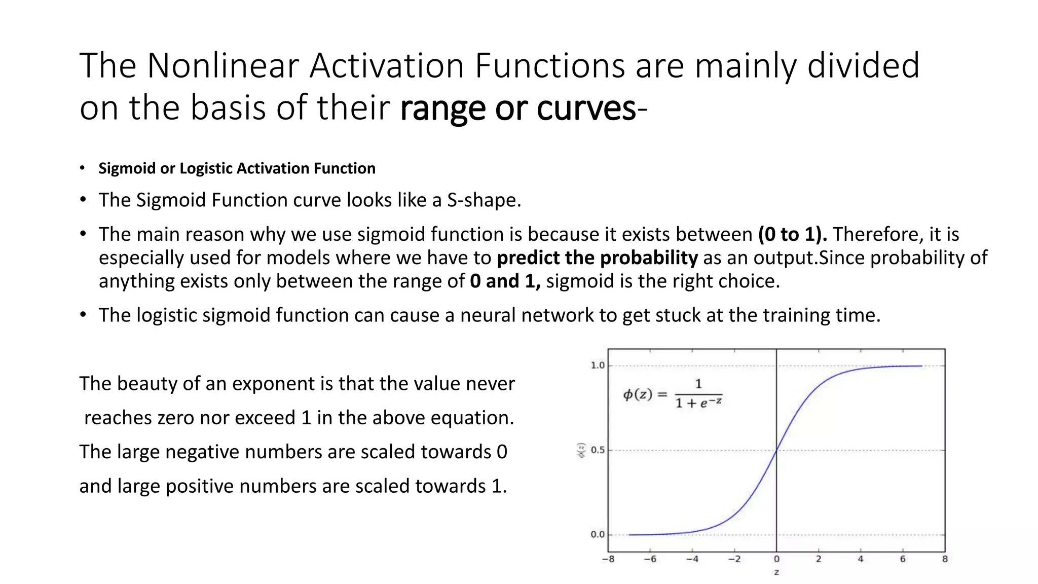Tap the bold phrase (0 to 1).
(x=792, y=234)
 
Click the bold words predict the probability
(x=597, y=258)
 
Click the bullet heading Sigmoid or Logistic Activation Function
(x=237, y=168)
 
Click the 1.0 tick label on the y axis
(x=598, y=366)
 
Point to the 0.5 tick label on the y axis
(x=598, y=450)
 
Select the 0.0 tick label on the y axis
(x=598, y=534)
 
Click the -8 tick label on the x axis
(x=608, y=559)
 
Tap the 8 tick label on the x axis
(x=945, y=559)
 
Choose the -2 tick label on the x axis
(x=734, y=559)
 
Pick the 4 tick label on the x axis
(x=861, y=559)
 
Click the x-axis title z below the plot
(x=776, y=572)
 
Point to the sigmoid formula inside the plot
(x=673, y=394)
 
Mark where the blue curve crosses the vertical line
(x=776, y=450)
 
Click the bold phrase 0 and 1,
(x=505, y=281)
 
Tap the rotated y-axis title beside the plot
(x=582, y=450)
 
